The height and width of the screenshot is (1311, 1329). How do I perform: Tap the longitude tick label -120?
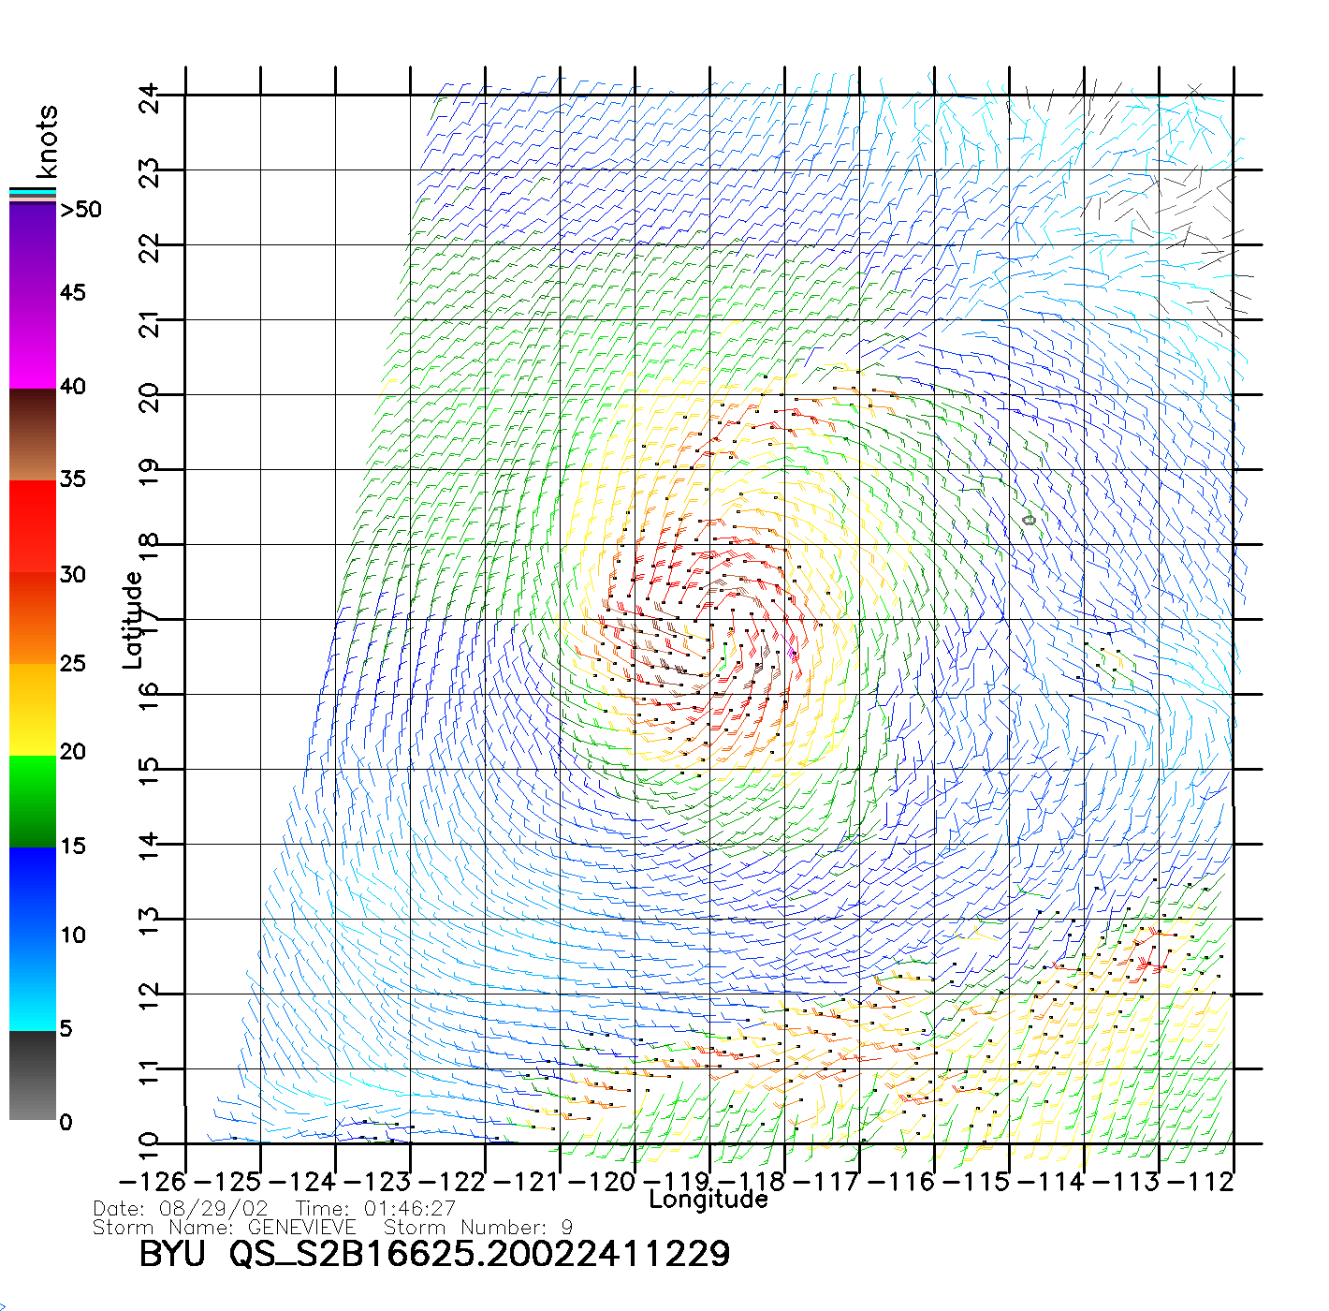coord(602,1182)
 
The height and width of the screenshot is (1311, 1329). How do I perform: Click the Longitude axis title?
coord(708,1200)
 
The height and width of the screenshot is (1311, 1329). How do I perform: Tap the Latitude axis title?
coord(133,620)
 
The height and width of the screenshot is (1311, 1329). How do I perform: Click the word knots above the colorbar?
coord(47,141)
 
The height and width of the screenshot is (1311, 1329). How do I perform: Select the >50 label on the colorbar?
coord(81,210)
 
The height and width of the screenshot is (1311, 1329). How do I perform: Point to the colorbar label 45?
coord(73,293)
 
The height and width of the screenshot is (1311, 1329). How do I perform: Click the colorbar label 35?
coord(73,479)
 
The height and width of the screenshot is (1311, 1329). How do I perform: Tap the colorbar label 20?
coord(73,752)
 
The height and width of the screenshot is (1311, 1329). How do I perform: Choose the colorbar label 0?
coord(66,1122)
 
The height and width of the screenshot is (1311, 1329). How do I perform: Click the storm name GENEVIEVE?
coord(301,1227)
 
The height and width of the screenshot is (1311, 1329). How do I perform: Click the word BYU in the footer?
coord(172,1253)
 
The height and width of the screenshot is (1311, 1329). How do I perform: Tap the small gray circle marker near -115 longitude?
coord(1030,520)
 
